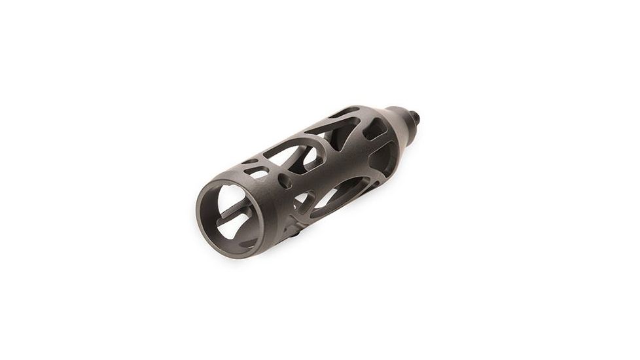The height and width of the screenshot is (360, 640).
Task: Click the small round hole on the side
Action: pos(286,183)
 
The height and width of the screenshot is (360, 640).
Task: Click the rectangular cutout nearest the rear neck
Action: pos(374,132)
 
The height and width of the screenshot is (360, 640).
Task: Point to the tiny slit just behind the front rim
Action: pos(249,162)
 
